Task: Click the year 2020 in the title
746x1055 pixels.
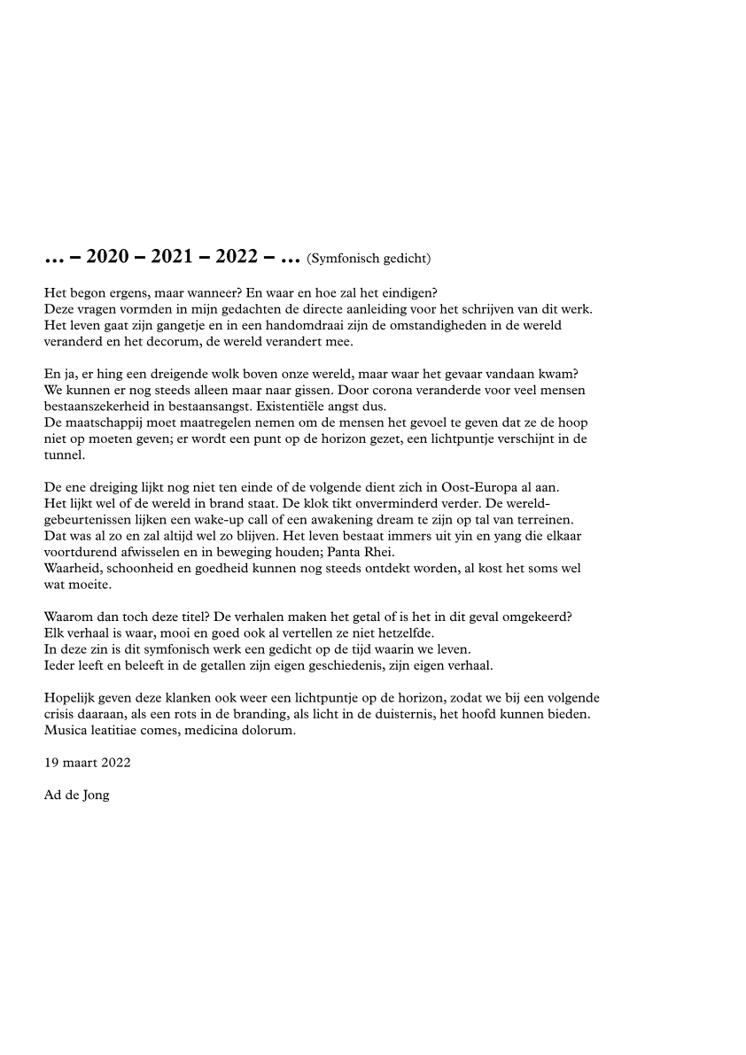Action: click(108, 258)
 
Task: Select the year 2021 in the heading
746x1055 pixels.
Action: click(174, 258)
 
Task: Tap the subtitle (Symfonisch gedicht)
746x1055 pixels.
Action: click(369, 259)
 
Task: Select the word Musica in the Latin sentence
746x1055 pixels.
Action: click(64, 731)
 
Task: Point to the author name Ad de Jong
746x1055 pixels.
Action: click(77, 795)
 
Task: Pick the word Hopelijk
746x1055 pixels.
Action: click(70, 699)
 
